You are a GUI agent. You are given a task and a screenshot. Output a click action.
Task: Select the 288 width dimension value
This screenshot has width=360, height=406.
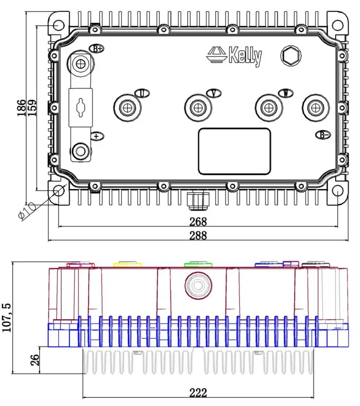point(198,235)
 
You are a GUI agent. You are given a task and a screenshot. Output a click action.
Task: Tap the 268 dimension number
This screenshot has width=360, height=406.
point(198,221)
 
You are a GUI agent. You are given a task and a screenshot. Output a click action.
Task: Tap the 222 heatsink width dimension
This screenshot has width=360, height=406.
point(198,393)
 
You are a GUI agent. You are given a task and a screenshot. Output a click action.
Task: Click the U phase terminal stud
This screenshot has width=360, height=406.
point(127,108)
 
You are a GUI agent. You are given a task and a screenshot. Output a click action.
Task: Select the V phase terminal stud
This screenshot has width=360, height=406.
point(198,108)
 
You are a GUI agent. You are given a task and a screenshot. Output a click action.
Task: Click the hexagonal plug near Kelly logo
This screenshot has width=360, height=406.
point(291,57)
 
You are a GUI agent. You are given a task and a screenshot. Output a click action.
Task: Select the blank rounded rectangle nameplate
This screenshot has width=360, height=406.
point(235,151)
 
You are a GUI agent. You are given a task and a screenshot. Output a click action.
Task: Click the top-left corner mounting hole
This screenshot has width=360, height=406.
point(58,25)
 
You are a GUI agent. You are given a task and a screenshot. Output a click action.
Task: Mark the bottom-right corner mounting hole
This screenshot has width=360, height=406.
point(337,191)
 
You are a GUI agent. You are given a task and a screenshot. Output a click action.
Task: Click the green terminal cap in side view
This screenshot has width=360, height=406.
point(198,264)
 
